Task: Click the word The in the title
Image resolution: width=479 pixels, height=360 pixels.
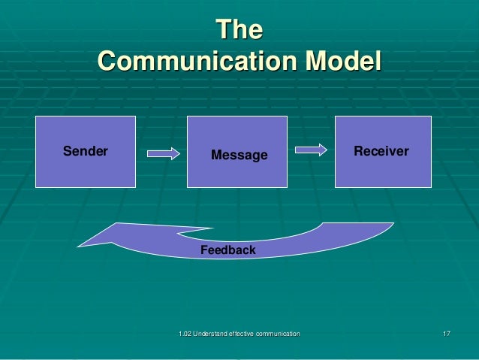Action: [239, 31]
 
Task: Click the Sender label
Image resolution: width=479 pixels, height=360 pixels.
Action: [85, 151]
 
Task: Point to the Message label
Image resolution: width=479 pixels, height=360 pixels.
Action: [239, 156]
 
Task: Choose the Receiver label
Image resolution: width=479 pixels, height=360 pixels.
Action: [381, 151]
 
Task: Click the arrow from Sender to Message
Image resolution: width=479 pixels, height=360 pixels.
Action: [163, 153]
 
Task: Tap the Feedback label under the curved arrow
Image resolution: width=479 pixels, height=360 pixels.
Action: [227, 250]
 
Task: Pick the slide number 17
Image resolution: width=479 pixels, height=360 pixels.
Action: [446, 333]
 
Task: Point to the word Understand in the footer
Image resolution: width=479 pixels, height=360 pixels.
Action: [212, 333]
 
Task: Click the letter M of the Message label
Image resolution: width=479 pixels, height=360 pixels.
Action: [216, 156]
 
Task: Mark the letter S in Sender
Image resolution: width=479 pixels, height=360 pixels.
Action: [66, 151]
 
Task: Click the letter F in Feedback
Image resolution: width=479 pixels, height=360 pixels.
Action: [203, 250]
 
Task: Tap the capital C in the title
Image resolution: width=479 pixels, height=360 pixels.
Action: [107, 60]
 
